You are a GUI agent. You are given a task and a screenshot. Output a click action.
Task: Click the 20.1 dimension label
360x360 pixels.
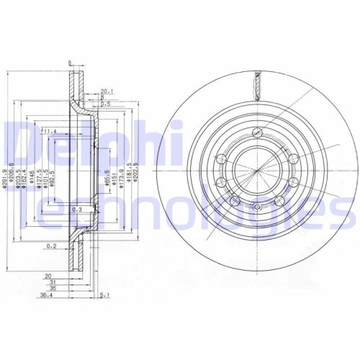pos(107,92)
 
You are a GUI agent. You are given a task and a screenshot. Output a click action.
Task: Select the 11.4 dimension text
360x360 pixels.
pos(49,132)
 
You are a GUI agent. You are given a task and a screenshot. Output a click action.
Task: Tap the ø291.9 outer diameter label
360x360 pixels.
pos(4,181)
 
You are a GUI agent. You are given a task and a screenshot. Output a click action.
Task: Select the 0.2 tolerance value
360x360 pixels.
pos(51,246)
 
